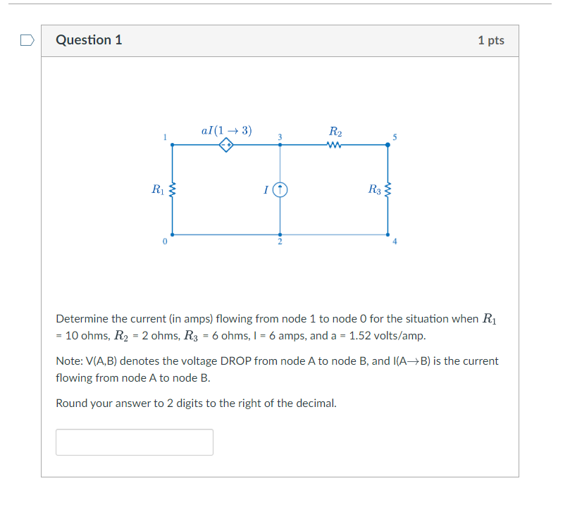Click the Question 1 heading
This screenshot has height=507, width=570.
[89, 40]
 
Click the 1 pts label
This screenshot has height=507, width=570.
[490, 40]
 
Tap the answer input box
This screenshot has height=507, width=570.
[135, 442]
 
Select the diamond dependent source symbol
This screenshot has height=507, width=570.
[227, 146]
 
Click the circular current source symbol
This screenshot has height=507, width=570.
[280, 189]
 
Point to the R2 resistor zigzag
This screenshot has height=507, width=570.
[335, 146]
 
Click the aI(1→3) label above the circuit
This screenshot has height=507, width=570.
[226, 130]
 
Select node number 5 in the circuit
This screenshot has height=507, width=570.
[395, 137]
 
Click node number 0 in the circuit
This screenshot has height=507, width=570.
[164, 242]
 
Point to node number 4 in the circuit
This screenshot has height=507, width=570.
[395, 242]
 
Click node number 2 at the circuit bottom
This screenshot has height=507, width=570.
[280, 242]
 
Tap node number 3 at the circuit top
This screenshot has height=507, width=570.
[280, 136]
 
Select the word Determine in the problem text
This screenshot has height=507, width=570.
[82, 319]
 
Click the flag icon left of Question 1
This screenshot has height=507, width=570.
[27, 40]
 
